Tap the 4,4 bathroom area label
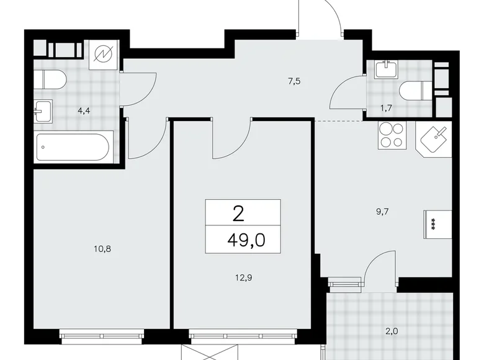[x=83, y=112]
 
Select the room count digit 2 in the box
[x=238, y=214]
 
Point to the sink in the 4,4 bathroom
[x=43, y=112]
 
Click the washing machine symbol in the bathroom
[x=101, y=54]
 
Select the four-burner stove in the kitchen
[x=391, y=136]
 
